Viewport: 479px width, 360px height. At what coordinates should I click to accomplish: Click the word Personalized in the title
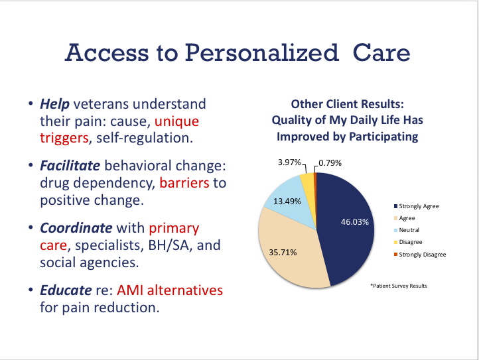(262, 53)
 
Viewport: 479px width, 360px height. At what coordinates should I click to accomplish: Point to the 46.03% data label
(355, 221)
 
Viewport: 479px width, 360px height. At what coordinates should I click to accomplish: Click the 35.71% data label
(283, 252)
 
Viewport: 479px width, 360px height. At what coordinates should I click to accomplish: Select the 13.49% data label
(287, 202)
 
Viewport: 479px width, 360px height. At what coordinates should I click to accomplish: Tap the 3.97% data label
(289, 162)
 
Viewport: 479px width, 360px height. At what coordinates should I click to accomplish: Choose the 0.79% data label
(330, 162)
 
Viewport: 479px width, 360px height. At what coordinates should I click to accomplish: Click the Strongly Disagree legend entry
(420, 255)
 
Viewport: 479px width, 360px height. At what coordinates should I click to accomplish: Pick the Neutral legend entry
(407, 230)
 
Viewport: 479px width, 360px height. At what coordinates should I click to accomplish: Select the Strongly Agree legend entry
(417, 206)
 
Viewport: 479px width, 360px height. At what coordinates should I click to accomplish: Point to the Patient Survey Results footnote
(399, 286)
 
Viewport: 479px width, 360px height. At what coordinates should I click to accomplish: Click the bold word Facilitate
(70, 166)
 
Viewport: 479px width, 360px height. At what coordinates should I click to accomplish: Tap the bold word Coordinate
(76, 228)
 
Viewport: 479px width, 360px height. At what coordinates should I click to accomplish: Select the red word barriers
(184, 183)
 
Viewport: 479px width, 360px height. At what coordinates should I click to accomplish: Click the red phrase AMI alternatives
(170, 290)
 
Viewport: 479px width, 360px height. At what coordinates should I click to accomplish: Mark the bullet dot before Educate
(31, 289)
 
